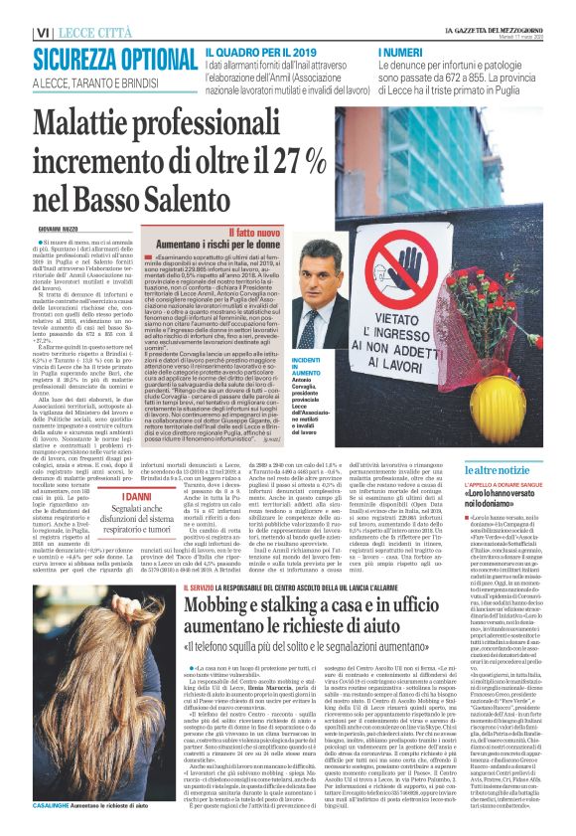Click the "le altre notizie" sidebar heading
(507, 468)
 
